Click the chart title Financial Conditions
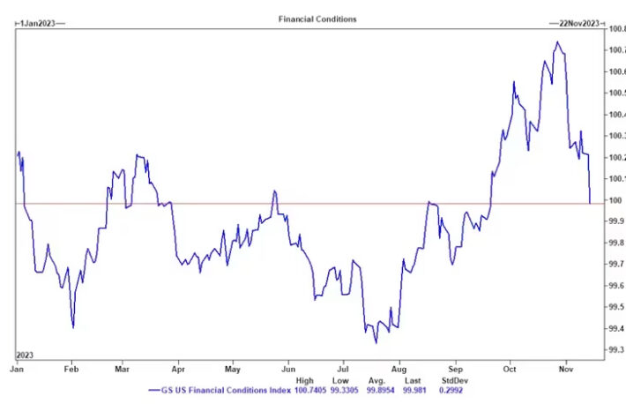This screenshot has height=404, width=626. pyautogui.click(x=318, y=19)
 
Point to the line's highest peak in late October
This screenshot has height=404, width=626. pyautogui.click(x=557, y=41)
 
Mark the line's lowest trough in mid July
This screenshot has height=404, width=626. pyautogui.click(x=376, y=342)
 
